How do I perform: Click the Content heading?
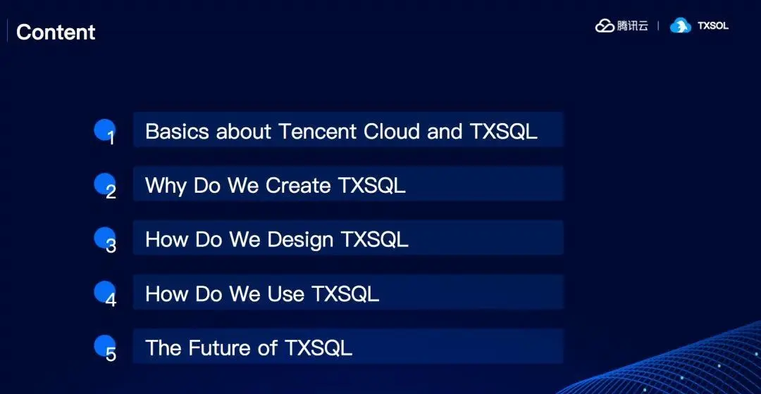click(x=56, y=32)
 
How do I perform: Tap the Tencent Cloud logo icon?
click(x=605, y=26)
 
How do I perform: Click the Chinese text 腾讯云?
click(x=632, y=26)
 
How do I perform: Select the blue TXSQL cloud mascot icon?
click(x=681, y=26)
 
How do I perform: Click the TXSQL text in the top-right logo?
click(x=713, y=26)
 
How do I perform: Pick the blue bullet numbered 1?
click(x=104, y=130)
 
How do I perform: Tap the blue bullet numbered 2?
click(x=104, y=184)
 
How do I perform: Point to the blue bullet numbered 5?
click(x=104, y=346)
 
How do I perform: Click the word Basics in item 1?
click(x=177, y=132)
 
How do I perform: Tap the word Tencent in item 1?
click(x=317, y=132)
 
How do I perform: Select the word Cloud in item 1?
click(x=392, y=132)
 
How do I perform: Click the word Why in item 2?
click(x=166, y=186)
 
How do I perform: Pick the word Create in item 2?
click(x=298, y=186)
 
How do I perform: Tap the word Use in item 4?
click(x=286, y=294)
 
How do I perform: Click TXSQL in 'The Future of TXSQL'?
click(x=318, y=348)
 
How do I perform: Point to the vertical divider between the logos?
click(x=658, y=26)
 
